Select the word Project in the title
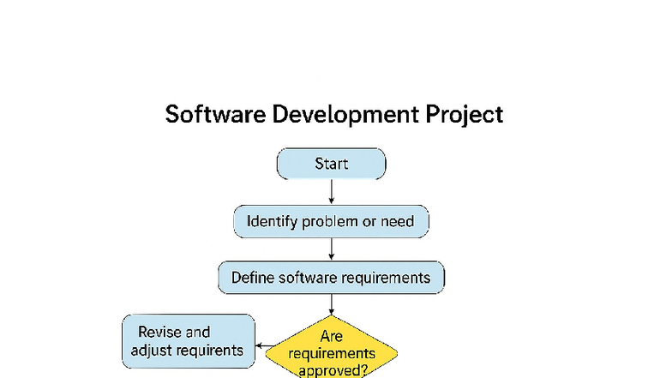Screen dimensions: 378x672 [x=468, y=114]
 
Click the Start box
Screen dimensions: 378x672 [x=331, y=164]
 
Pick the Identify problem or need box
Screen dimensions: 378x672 [x=331, y=221]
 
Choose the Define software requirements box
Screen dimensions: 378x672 [x=331, y=278]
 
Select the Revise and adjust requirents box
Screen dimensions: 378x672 [x=189, y=340]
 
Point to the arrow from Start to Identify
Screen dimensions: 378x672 [x=331, y=192]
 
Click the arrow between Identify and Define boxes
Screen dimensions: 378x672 [x=331, y=249]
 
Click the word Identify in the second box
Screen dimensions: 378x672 [x=272, y=221]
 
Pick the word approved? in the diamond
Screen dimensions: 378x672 [x=333, y=369]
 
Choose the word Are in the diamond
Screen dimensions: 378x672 [x=331, y=337]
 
